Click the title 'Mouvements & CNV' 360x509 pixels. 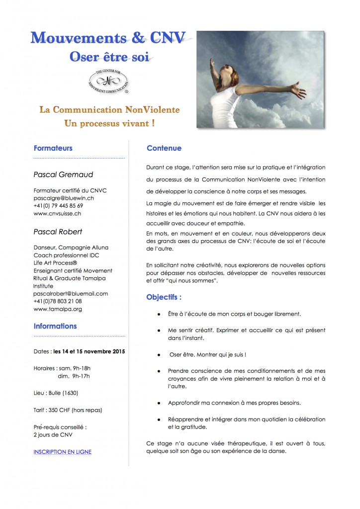[108, 38]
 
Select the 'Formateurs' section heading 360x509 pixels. [53, 148]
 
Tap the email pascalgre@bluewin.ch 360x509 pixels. [64, 198]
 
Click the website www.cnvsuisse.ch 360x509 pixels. [57, 213]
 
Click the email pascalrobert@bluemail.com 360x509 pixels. [71, 294]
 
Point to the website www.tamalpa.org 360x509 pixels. [58, 309]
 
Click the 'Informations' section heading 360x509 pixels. [55, 327]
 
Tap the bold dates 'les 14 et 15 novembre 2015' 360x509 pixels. [89, 351]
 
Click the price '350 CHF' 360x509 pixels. [64, 410]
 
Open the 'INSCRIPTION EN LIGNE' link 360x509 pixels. [62, 452]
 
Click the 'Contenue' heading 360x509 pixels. [164, 148]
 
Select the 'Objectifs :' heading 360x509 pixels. [164, 297]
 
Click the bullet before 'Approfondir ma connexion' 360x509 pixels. [158, 402]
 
